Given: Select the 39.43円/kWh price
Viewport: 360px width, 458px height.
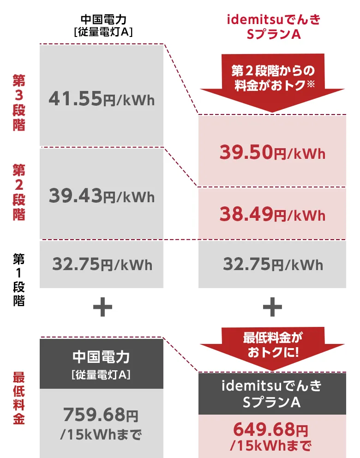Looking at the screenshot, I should point(102,196).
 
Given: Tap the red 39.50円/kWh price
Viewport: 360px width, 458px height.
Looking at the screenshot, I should point(272,153).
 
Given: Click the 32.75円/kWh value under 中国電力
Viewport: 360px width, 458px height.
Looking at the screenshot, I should point(102,265).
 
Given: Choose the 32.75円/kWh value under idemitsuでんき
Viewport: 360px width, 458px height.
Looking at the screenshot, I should point(272,265).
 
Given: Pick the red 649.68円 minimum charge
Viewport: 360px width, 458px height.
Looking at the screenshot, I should point(272,430).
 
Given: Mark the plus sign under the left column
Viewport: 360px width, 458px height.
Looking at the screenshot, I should point(102,307).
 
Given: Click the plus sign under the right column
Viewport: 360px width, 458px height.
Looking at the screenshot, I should point(272,307).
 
